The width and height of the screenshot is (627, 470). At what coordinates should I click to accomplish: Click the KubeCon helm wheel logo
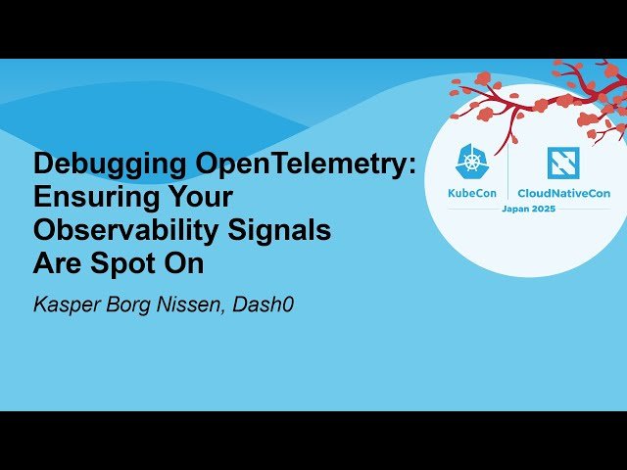point(474,163)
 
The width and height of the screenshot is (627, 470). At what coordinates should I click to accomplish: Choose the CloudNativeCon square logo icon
point(562,163)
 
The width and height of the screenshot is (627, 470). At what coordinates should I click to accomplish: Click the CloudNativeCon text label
point(563,194)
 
